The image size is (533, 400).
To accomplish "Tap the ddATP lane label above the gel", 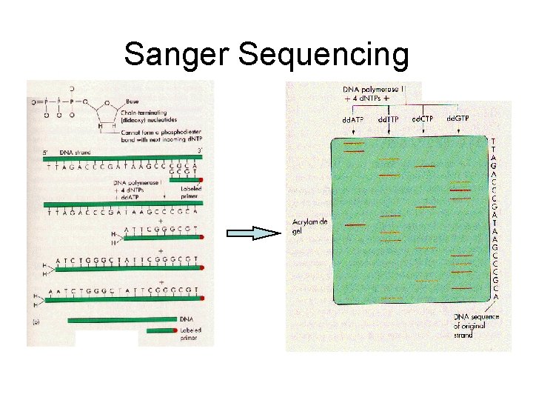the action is click(352, 119).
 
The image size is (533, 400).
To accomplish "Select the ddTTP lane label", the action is click(389, 119).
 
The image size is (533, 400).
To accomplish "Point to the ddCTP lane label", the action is click(423, 119).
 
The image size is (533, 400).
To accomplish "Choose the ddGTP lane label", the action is click(458, 118).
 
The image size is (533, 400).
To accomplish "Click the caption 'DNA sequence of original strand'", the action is click(477, 324).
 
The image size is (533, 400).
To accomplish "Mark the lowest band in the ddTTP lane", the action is click(389, 296).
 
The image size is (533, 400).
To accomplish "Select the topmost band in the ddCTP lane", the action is click(424, 167).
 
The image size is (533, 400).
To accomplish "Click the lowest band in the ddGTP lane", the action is click(461, 287).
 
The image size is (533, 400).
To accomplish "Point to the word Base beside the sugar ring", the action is click(133, 101).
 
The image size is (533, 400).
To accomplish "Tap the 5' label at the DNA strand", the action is click(46, 152).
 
